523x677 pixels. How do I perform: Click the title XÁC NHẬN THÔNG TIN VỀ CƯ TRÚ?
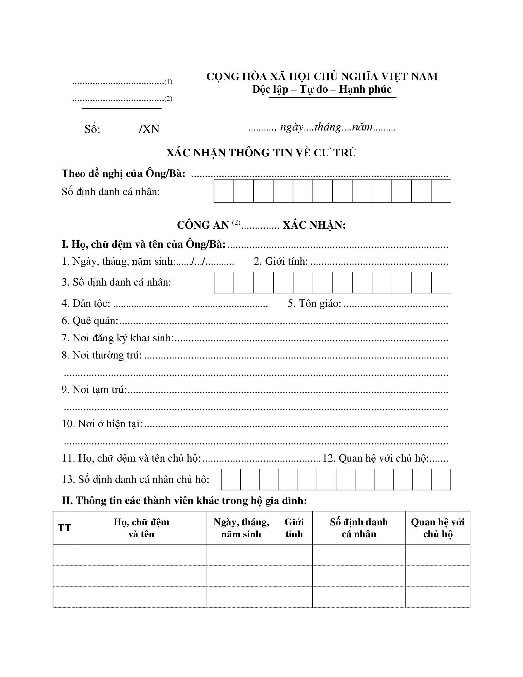click(x=261, y=153)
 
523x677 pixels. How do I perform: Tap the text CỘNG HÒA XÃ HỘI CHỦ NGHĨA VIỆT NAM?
click(x=322, y=76)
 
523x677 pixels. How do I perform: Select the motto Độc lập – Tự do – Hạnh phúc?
click(x=322, y=89)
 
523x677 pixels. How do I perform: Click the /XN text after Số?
click(x=149, y=129)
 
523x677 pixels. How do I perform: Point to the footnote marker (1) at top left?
click(x=168, y=82)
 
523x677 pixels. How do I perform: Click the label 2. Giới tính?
click(x=281, y=261)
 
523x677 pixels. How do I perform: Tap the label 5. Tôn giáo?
click(x=314, y=303)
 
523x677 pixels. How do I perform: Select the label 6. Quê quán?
click(x=90, y=321)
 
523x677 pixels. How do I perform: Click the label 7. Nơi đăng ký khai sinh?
click(x=118, y=338)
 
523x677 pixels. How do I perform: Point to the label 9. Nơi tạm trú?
click(x=94, y=390)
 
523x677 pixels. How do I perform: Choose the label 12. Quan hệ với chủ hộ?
click(x=375, y=458)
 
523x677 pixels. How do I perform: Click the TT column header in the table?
click(x=64, y=528)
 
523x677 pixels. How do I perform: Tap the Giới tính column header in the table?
click(x=294, y=528)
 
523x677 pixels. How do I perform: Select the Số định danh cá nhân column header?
click(x=359, y=528)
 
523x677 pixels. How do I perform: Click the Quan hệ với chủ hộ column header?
click(x=437, y=528)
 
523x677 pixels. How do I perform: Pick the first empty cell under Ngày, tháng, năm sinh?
click(x=242, y=555)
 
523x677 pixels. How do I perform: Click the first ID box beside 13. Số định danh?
click(x=231, y=479)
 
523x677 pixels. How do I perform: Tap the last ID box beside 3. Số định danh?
click(x=441, y=282)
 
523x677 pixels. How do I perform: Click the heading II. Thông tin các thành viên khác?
click(x=184, y=501)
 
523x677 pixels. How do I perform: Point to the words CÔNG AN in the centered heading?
click(x=203, y=225)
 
